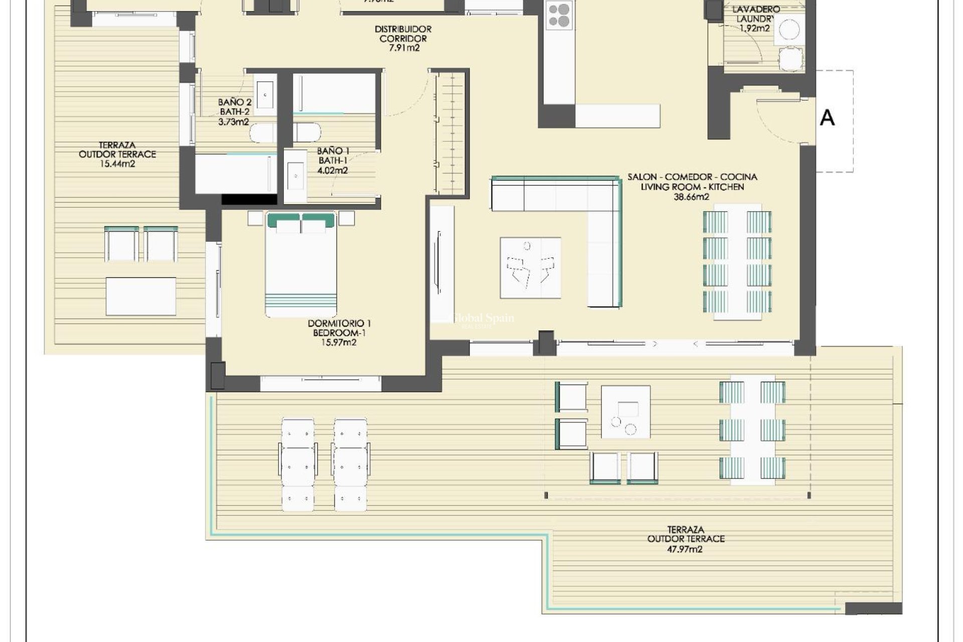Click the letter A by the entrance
[x=827, y=118]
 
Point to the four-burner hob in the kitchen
[x=559, y=15]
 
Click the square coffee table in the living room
[x=530, y=268]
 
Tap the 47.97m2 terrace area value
[x=686, y=549]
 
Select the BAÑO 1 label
[x=333, y=151]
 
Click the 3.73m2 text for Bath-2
[x=234, y=122]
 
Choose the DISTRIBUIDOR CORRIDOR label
[x=403, y=34]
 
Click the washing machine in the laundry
[x=788, y=29]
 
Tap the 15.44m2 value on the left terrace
[x=117, y=164]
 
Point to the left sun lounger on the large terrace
[x=297, y=464]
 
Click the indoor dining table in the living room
[x=737, y=261]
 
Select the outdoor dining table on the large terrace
[x=752, y=430]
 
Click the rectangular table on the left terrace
[x=140, y=296]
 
